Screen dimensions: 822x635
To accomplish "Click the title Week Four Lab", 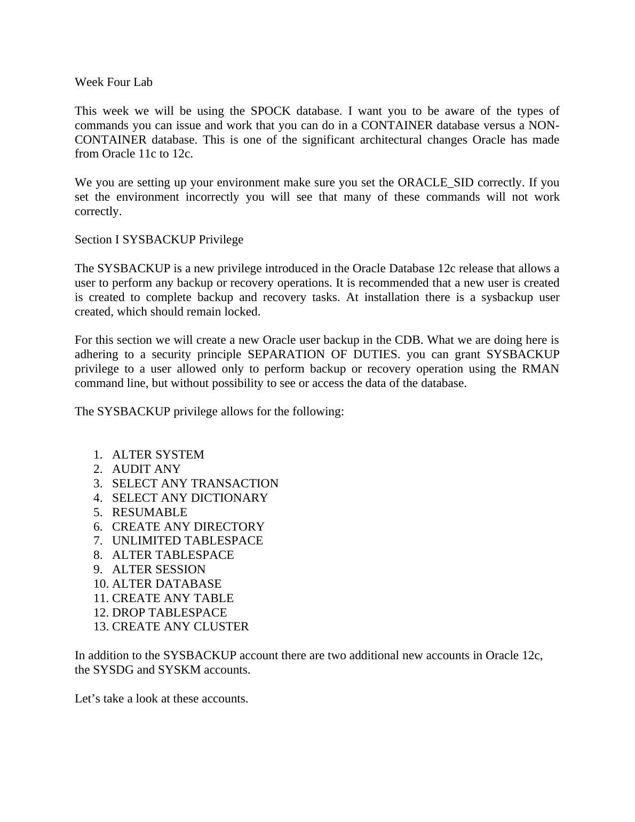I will click(113, 82).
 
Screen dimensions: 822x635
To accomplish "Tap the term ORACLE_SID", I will click(435, 183).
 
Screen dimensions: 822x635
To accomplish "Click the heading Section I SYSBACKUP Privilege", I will click(158, 240).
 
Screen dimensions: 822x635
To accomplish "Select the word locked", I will click(244, 312).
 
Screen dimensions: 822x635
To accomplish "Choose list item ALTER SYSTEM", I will click(158, 455).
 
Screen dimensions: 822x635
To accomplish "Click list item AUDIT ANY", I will click(146, 469).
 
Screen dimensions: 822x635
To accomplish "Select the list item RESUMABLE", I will click(149, 512).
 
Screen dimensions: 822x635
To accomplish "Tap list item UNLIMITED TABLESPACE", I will click(187, 541).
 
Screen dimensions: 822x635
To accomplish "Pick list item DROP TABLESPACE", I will click(169, 613).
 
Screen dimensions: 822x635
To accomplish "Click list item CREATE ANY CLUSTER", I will click(180, 627).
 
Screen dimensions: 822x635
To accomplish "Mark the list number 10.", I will click(100, 584).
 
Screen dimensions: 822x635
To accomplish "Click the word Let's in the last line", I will click(87, 699).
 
